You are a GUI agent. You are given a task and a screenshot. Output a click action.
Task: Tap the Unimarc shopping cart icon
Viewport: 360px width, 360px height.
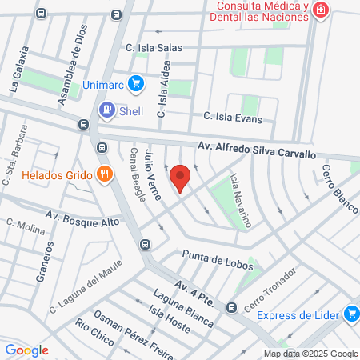[137, 82]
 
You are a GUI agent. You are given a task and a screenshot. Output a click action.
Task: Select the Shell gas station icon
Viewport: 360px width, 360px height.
[105, 110]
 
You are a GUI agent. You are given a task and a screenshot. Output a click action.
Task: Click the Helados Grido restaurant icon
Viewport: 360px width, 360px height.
[103, 174]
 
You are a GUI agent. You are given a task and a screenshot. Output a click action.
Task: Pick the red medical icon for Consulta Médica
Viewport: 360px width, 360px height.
[321, 10]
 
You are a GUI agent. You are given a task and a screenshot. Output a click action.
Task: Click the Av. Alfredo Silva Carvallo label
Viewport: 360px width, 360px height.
[257, 150]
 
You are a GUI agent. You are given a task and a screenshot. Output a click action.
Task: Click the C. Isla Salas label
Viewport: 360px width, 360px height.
[149, 49]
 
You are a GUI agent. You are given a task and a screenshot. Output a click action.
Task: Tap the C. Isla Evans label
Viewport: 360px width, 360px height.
[233, 117]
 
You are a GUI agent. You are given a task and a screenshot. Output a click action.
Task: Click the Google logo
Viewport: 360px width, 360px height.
[26, 350]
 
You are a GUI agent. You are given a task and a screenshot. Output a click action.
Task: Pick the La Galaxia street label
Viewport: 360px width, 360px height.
[18, 70]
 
